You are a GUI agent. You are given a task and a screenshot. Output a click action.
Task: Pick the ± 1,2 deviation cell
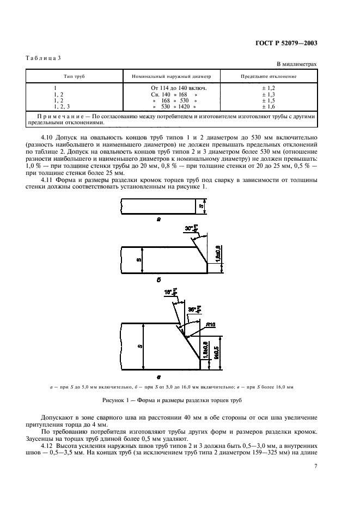[269, 88]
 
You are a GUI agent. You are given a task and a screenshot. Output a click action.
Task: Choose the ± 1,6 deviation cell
[269, 107]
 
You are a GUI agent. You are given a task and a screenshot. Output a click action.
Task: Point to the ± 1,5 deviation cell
[269, 101]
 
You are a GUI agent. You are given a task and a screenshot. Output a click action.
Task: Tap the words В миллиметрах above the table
[297, 64]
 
